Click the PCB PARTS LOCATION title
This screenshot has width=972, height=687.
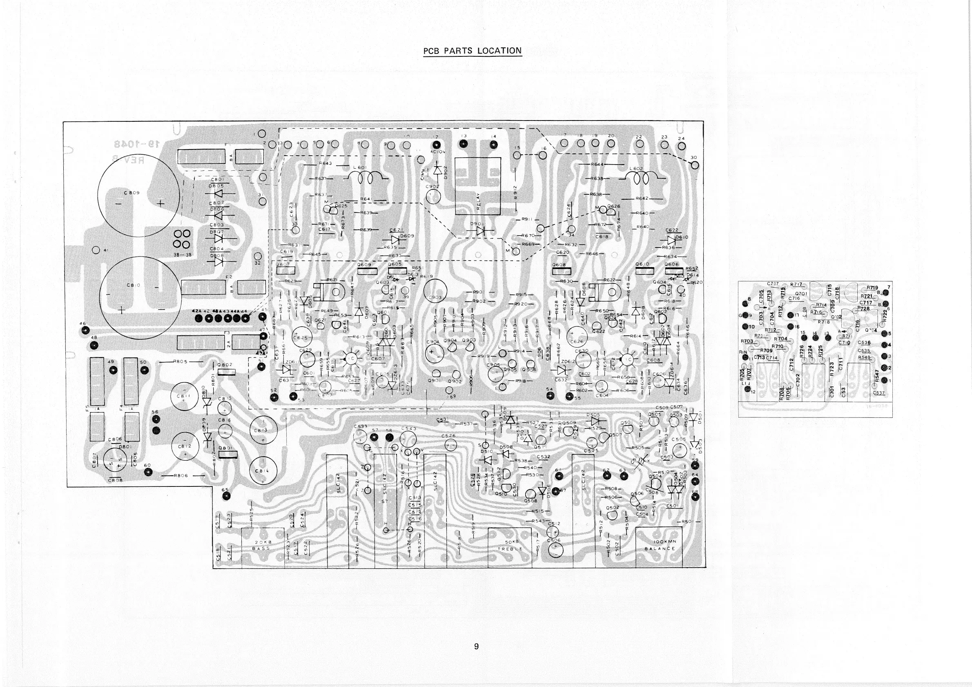pos(473,51)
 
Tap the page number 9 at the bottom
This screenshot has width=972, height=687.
pos(476,658)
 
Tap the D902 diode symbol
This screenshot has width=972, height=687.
pos(438,171)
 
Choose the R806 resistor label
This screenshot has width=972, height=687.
pos(181,475)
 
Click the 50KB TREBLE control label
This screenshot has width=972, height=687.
pos(510,546)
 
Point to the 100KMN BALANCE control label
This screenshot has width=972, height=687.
pos(659,545)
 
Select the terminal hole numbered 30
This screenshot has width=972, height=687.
pos(695,165)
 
